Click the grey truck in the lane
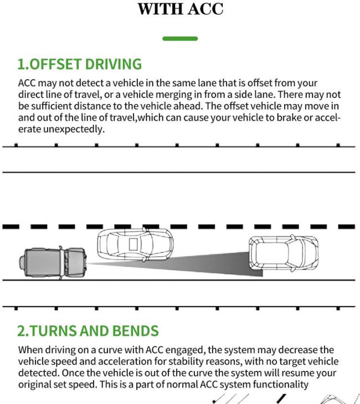(53, 262)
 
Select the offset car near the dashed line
(135, 244)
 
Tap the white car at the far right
(284, 253)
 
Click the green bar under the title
(180, 39)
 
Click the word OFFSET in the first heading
(55, 64)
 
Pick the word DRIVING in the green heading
(114, 64)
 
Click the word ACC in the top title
(205, 9)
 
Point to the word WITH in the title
(161, 9)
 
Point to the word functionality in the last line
(280, 385)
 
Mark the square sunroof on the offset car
(133, 244)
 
